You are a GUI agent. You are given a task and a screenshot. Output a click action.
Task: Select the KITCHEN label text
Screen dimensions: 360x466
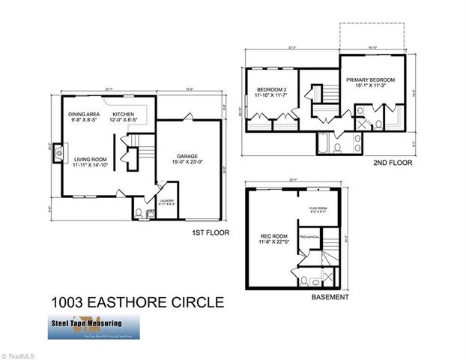[123, 114]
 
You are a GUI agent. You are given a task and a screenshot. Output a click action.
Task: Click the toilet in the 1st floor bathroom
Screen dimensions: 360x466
[138, 214]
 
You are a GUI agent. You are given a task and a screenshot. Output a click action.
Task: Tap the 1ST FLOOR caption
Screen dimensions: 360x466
[211, 233]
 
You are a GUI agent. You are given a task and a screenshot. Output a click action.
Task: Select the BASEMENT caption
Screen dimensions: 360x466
[330, 298]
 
